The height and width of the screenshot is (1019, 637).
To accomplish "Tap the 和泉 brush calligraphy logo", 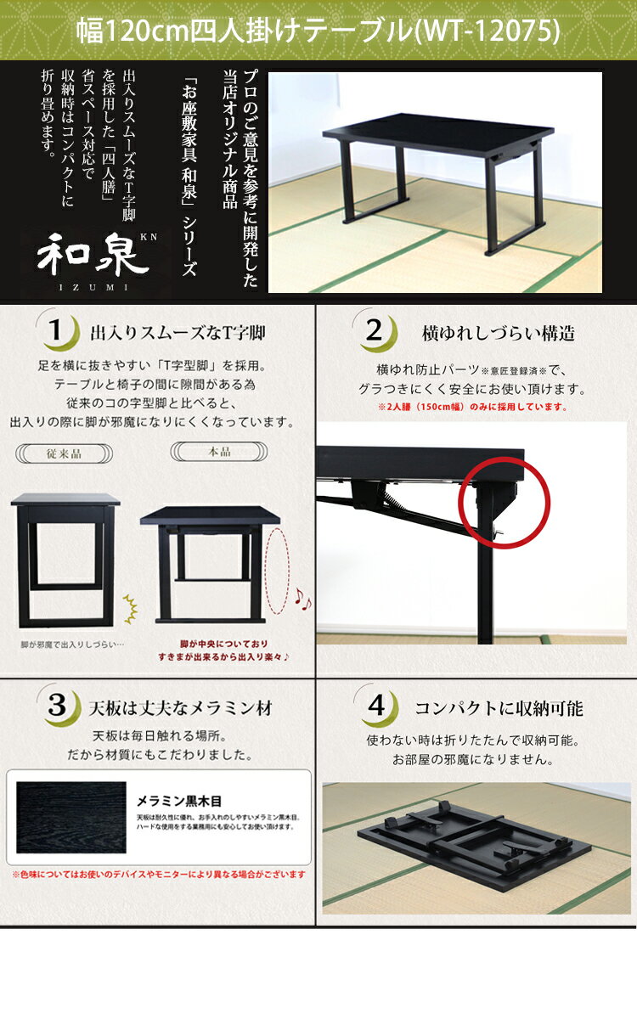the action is coord(93,255).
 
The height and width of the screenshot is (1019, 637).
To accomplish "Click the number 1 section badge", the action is coord(58,329).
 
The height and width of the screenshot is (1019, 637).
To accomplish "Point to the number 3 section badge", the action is coord(59,705).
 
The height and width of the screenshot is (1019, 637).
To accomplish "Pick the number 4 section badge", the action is coord(377,706).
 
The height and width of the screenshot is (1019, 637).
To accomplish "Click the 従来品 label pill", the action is coord(65,453).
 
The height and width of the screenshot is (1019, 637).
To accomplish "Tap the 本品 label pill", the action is coord(219,452).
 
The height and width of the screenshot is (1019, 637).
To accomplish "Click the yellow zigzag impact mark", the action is coord(131,609).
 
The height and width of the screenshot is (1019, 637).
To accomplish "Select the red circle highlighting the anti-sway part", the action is coord(504,503).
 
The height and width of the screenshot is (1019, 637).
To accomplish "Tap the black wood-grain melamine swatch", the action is coord(71,818).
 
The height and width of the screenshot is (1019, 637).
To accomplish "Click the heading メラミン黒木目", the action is coord(179,801).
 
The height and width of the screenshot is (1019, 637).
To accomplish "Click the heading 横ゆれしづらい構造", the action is coord(499,334).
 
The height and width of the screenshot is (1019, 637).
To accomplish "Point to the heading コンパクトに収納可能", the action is coord(499,708).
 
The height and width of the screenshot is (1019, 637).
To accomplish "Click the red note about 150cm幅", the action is coord(472,407).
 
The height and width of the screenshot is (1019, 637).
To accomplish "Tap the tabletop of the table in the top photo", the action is coord(437,132).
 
